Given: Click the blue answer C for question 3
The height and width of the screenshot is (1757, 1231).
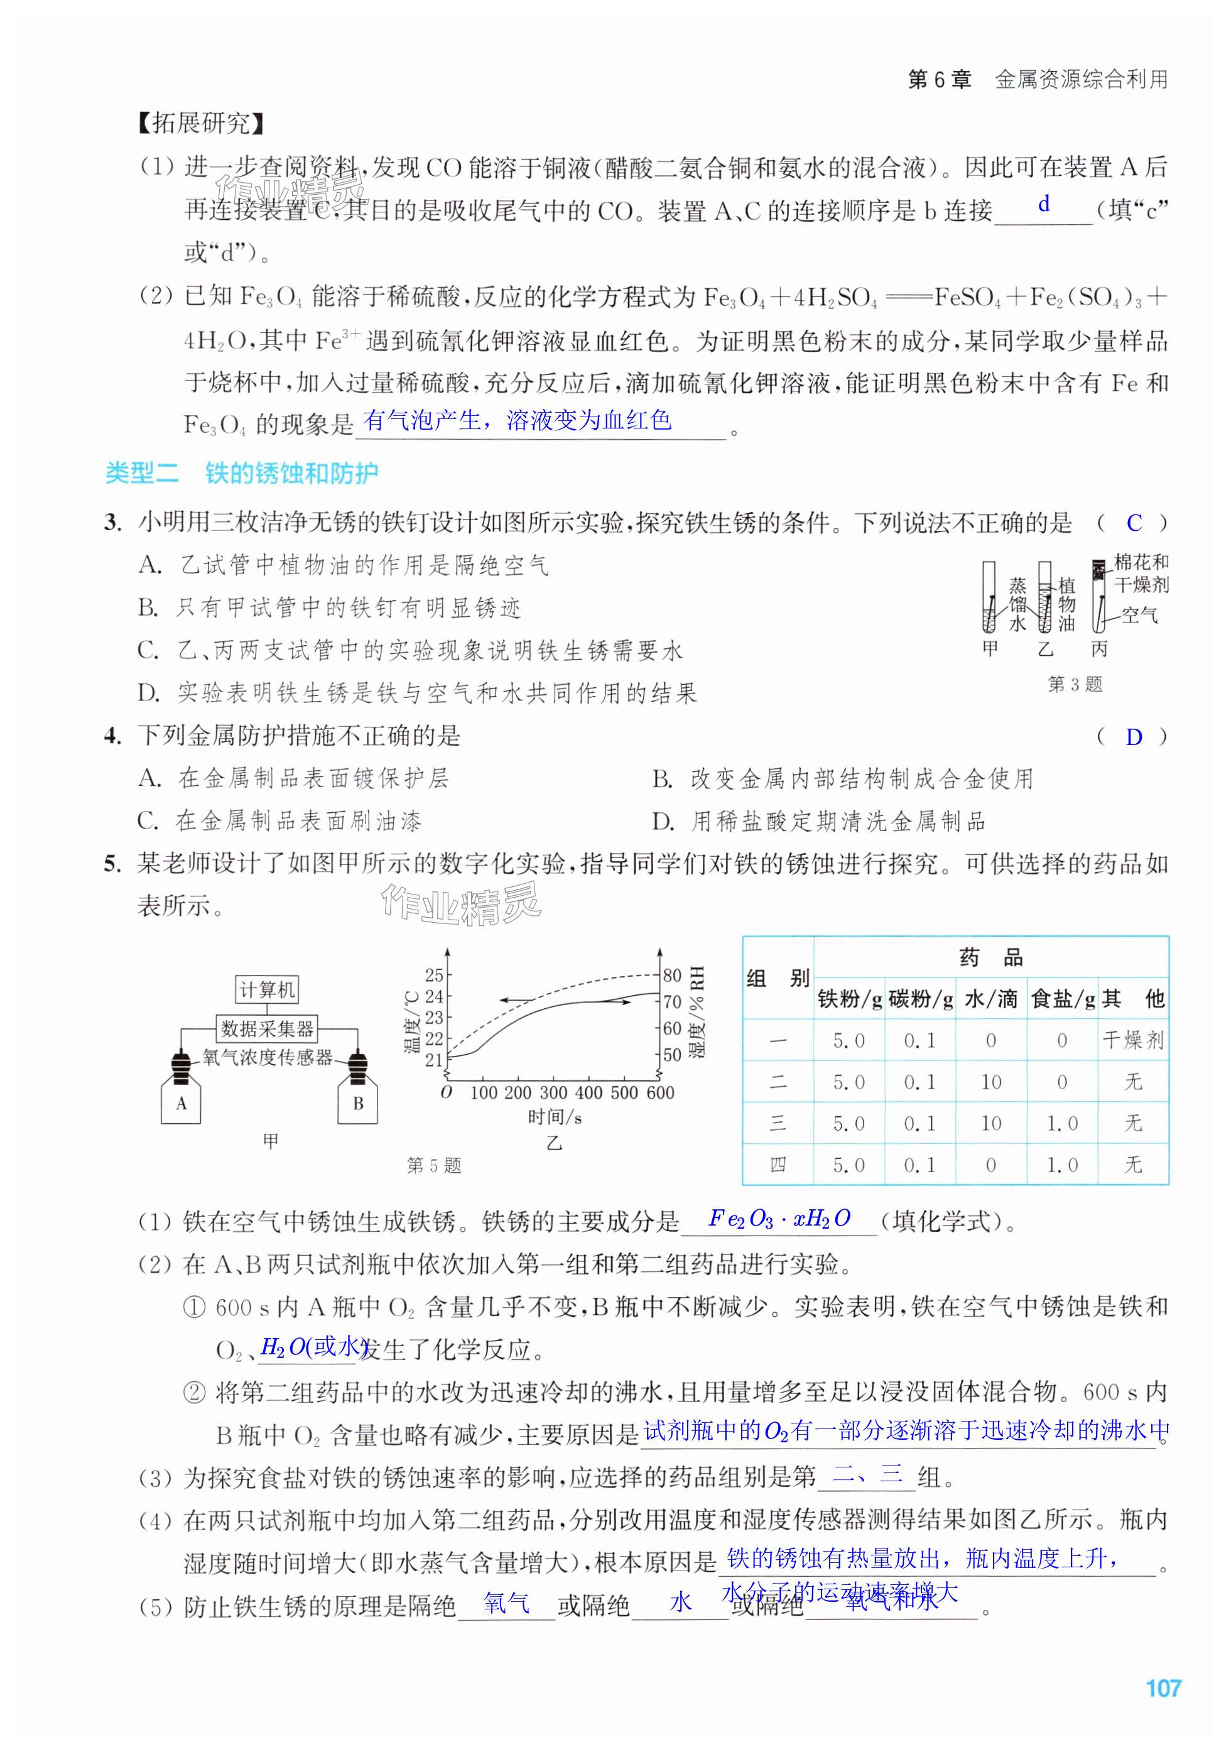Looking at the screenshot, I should click(1134, 523).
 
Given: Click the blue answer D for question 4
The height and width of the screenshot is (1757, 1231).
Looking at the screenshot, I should click(1134, 737).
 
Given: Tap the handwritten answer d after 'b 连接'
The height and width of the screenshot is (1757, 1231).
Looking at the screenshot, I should click(1044, 204).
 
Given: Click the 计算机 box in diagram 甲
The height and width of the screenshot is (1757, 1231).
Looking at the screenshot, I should click(266, 989).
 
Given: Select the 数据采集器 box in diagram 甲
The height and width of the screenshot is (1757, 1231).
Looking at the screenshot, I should click(267, 1028).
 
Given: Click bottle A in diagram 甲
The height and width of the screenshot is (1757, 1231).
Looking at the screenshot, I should click(182, 1102).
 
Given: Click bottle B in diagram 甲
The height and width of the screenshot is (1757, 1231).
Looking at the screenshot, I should click(357, 1102).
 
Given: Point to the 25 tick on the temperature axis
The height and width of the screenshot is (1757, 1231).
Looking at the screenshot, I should click(434, 975).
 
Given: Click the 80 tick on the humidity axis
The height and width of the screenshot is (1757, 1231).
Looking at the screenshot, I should click(672, 976).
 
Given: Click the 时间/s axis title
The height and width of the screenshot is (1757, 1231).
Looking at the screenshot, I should click(555, 1118).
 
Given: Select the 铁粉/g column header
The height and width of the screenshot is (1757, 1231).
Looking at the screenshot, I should click(849, 999).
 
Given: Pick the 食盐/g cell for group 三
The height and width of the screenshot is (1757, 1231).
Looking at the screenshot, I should click(1062, 1123).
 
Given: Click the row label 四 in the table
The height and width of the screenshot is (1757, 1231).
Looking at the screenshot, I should click(778, 1165).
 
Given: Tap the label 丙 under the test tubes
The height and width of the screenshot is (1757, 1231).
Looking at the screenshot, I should click(1098, 650).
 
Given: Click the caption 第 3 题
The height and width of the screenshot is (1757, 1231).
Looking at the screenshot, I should click(1075, 684).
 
